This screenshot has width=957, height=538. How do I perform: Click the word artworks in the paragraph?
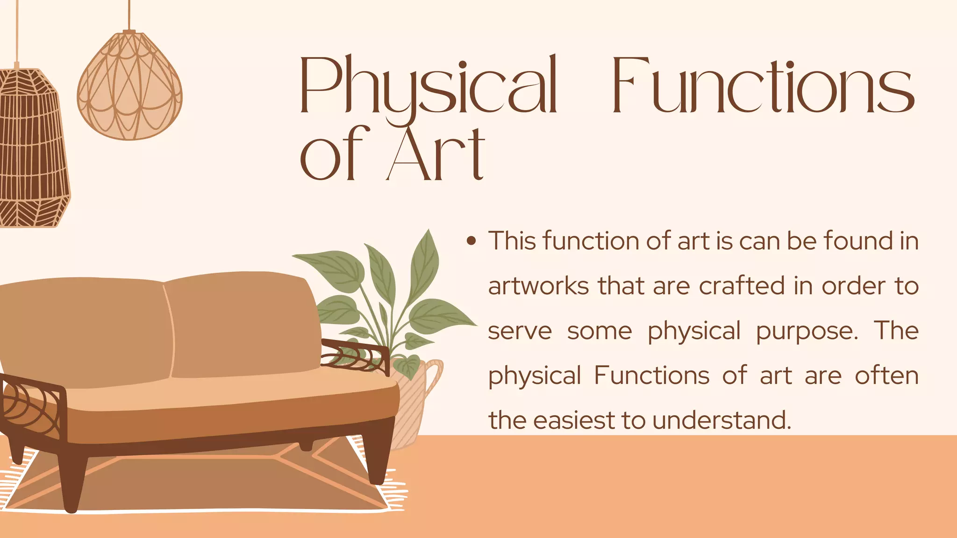tap(538, 286)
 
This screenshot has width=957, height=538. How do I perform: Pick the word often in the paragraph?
tap(886, 375)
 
